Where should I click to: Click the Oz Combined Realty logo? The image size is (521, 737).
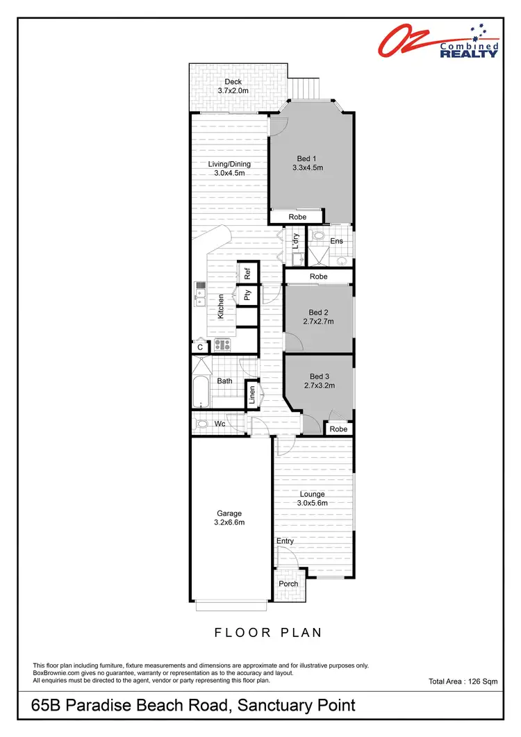point(439,40)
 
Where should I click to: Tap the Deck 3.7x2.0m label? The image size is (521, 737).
point(233,86)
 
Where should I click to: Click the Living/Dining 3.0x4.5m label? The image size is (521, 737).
point(229,169)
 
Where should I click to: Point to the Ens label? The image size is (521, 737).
point(337,242)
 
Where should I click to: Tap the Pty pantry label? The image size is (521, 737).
point(247,295)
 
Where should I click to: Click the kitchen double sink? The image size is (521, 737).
point(199,294)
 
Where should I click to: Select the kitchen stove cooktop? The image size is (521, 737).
point(222,344)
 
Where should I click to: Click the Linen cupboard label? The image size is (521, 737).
point(252,396)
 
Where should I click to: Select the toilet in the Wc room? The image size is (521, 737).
point(202,424)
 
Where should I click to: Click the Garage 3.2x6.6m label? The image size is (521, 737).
point(229,518)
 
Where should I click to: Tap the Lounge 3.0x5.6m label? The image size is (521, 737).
point(313,499)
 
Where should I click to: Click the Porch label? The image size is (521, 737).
point(288,583)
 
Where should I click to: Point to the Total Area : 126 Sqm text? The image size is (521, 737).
point(463,682)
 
